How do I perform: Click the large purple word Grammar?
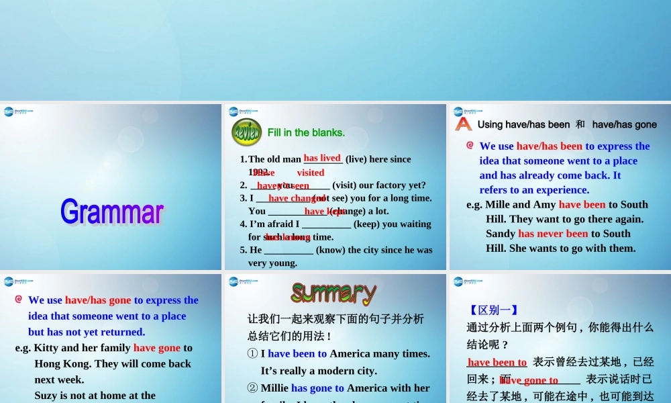(x=112, y=212)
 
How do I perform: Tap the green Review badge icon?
(x=246, y=132)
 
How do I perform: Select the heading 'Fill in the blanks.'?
(x=306, y=132)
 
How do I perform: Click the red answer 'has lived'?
(x=322, y=158)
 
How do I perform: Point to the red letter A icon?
(x=464, y=124)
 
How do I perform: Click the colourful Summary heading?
(x=333, y=293)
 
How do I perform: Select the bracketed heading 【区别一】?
(x=493, y=310)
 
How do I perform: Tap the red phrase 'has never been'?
(x=553, y=234)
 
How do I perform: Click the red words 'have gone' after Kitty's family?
(x=157, y=348)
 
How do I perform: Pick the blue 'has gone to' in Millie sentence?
(x=317, y=388)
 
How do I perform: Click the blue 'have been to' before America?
(x=297, y=353)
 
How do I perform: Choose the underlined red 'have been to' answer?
(x=497, y=362)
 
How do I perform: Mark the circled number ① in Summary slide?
(x=252, y=353)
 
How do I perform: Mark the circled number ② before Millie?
(x=252, y=388)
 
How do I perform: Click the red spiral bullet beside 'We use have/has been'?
(x=470, y=146)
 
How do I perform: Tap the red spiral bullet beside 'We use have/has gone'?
(x=19, y=300)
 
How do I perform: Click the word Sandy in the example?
(x=501, y=234)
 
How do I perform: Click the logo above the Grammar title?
(x=18, y=112)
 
